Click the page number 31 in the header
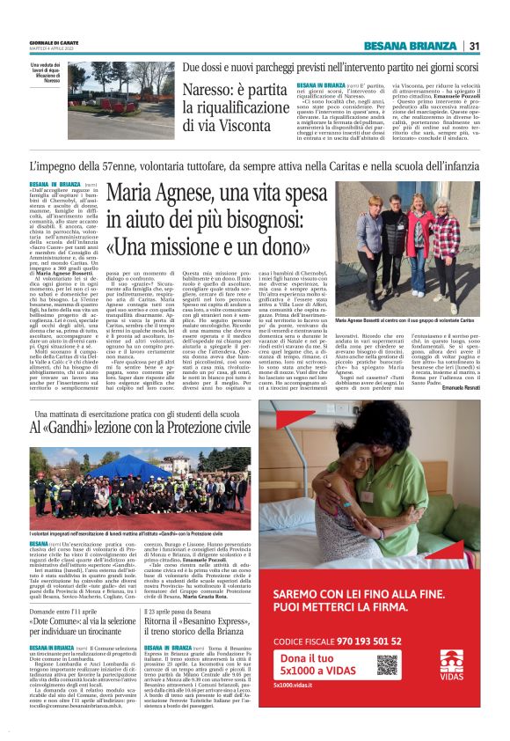pos(474,46)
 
